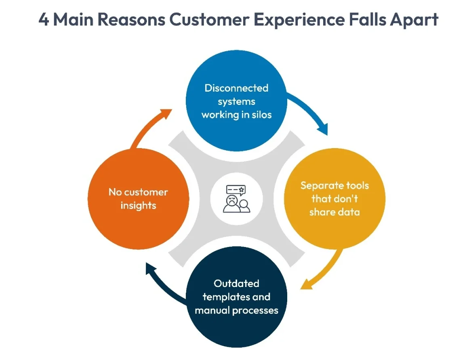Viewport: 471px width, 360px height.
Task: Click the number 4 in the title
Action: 44,19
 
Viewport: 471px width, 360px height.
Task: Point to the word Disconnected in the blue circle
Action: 236,88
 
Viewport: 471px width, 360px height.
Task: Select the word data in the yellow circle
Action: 349,212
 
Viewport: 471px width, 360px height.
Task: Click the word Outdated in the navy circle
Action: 236,283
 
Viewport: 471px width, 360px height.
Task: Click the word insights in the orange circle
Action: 138,205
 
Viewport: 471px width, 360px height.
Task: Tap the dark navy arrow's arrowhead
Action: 151,268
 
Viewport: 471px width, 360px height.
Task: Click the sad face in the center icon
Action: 231,200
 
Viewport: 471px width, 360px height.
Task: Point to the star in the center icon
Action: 242,189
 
